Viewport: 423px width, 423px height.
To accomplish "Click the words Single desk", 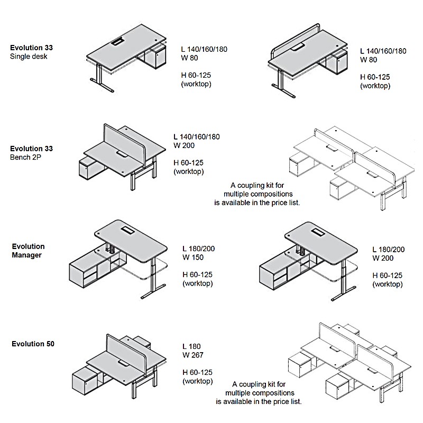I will tap(29, 56).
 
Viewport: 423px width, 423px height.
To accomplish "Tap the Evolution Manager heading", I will tap(28, 251).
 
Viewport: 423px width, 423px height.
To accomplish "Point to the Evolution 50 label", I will tap(33, 344).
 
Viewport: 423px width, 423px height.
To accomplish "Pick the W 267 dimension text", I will tap(192, 355).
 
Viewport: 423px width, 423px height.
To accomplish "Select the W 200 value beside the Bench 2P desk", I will tap(183, 145).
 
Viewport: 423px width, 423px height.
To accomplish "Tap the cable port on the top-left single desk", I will tap(118, 41).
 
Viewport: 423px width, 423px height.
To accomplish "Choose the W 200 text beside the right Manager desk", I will tap(383, 258).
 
